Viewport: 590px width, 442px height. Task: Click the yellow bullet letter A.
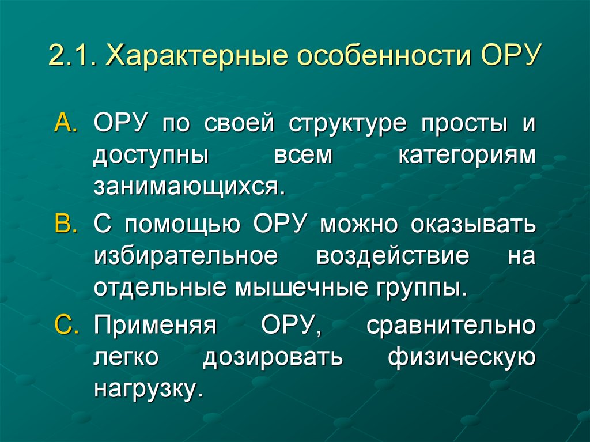pos(69,125)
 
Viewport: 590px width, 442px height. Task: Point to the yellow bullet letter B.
pos(69,224)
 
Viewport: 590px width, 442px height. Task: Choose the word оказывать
pos(473,225)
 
